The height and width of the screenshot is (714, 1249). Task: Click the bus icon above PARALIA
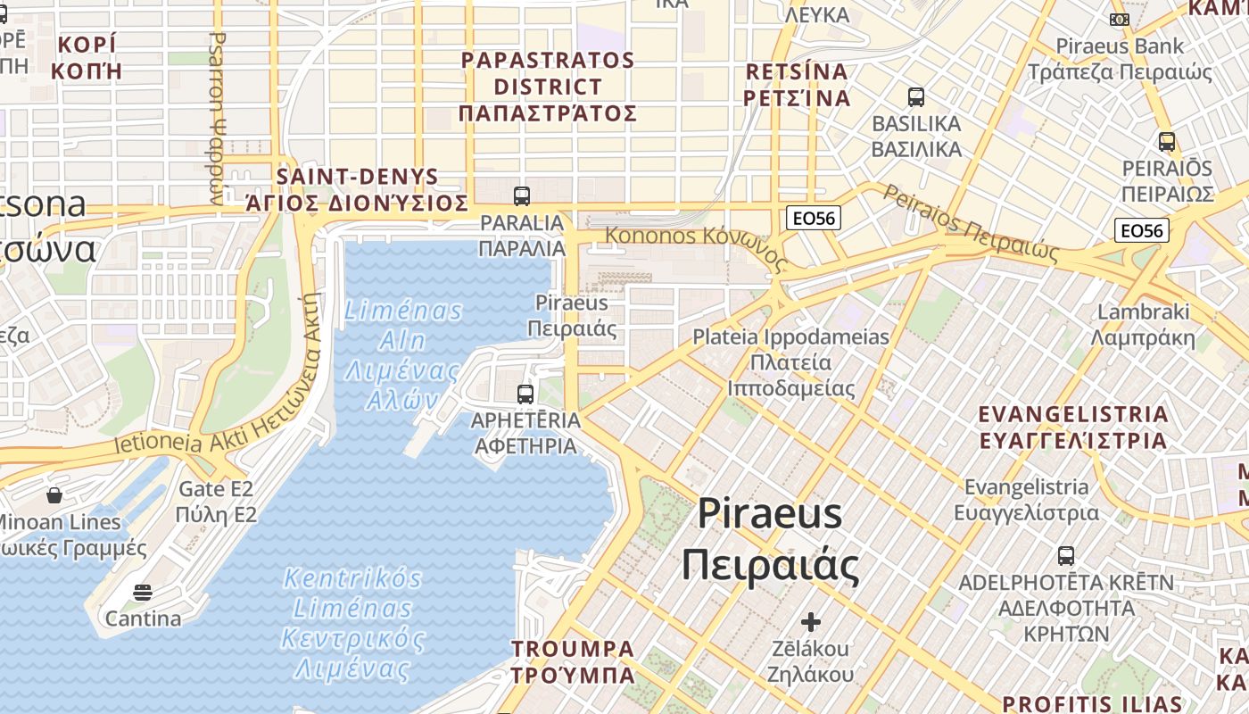pos(522,195)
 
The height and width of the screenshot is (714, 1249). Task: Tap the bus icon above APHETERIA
pos(525,394)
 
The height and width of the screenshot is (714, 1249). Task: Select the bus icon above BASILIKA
pos(915,97)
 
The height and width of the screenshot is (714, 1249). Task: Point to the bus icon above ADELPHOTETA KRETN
pos(1065,556)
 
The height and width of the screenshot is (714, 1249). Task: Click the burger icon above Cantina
pos(142,592)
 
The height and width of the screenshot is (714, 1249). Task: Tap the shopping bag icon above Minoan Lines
pos(54,494)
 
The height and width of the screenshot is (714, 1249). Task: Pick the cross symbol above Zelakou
pos(810,621)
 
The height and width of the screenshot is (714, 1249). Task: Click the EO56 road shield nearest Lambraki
pos(1142,231)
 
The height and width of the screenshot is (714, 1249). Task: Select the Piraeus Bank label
pos(1120,46)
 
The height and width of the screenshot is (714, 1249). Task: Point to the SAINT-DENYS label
pos(358,177)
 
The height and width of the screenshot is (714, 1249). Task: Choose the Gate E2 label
pos(216,489)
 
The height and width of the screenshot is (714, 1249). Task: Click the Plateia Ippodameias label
pos(791,337)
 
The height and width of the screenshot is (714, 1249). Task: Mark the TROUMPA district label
pos(573,649)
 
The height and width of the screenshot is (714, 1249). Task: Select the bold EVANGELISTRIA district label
pos(1072,415)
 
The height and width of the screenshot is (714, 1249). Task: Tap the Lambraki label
pos(1144,312)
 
